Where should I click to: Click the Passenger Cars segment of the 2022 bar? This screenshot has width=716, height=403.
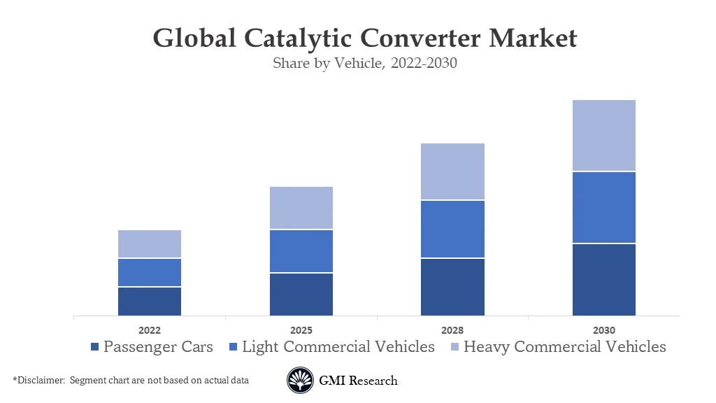click(x=150, y=302)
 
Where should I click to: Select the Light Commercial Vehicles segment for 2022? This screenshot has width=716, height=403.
click(x=150, y=273)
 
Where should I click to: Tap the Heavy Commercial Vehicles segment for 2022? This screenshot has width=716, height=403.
click(x=150, y=244)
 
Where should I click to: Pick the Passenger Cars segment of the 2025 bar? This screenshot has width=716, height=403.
click(x=301, y=295)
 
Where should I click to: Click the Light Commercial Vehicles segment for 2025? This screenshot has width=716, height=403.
click(x=301, y=251)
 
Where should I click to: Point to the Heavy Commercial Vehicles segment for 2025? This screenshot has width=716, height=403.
click(x=301, y=208)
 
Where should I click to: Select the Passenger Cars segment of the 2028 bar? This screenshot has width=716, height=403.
click(x=452, y=287)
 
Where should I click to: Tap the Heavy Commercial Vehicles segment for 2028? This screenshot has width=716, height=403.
click(x=452, y=172)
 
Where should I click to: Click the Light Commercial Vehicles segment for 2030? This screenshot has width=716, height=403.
click(x=604, y=208)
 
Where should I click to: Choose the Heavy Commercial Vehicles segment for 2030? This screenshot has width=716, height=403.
click(x=604, y=136)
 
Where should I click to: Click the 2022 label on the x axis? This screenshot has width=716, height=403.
click(x=150, y=330)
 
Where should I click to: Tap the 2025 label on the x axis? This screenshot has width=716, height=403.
click(x=301, y=330)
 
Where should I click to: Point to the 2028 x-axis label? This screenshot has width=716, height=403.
click(x=452, y=330)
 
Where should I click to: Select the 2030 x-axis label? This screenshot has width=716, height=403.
click(x=604, y=330)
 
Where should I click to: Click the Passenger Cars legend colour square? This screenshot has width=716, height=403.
click(x=95, y=347)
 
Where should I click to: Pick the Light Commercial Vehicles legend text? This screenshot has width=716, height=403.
click(x=338, y=347)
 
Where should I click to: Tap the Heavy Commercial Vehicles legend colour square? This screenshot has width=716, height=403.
click(x=455, y=347)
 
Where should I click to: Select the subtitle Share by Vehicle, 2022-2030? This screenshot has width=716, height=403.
click(x=364, y=64)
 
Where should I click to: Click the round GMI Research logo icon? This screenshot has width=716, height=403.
click(x=300, y=381)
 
